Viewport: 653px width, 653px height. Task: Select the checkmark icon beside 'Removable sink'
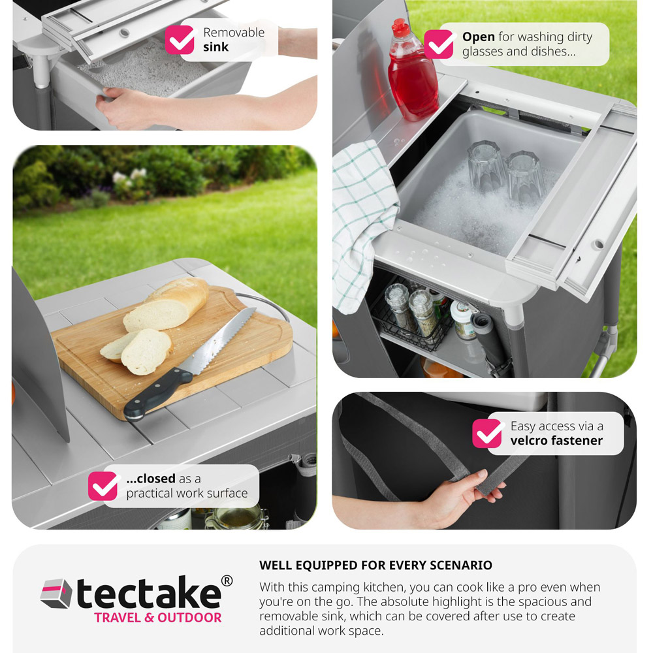coord(179,40)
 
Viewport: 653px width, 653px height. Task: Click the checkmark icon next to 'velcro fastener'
coord(486,433)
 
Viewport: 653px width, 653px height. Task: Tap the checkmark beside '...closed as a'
coord(103,486)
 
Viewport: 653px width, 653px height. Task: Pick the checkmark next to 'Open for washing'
coord(438,44)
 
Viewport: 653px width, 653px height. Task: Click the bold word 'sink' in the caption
coord(216,47)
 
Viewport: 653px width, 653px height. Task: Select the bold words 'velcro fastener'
coord(556,441)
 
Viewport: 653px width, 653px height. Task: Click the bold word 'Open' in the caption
coord(478,37)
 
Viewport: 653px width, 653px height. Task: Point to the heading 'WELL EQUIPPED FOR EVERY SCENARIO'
coord(375,565)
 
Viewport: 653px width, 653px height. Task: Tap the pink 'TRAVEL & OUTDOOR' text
coord(158,618)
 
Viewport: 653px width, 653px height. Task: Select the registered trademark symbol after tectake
coord(227,581)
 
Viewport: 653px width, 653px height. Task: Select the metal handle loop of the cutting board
coord(267,306)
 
